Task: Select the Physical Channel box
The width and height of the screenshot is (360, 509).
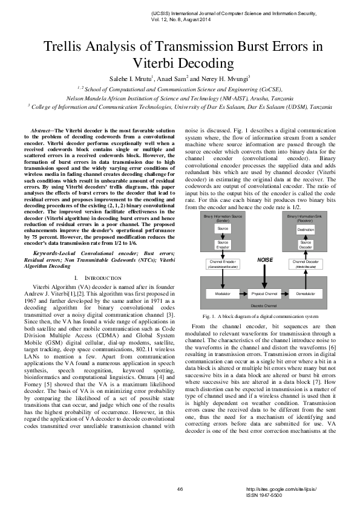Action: click(264, 293)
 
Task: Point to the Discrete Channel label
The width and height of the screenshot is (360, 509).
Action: click(264, 306)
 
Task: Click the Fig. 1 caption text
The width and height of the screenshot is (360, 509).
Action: click(260, 316)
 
